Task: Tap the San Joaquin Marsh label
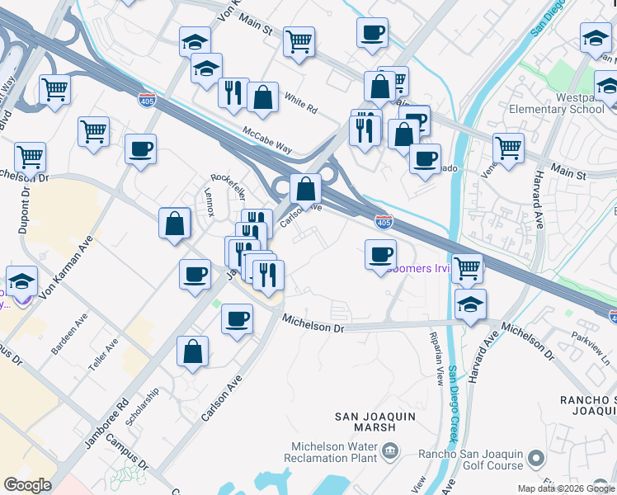point(375,423)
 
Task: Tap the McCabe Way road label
point(267,139)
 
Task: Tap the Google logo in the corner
point(27,485)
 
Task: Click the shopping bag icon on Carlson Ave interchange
point(305,189)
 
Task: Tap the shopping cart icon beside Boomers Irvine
point(467,268)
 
